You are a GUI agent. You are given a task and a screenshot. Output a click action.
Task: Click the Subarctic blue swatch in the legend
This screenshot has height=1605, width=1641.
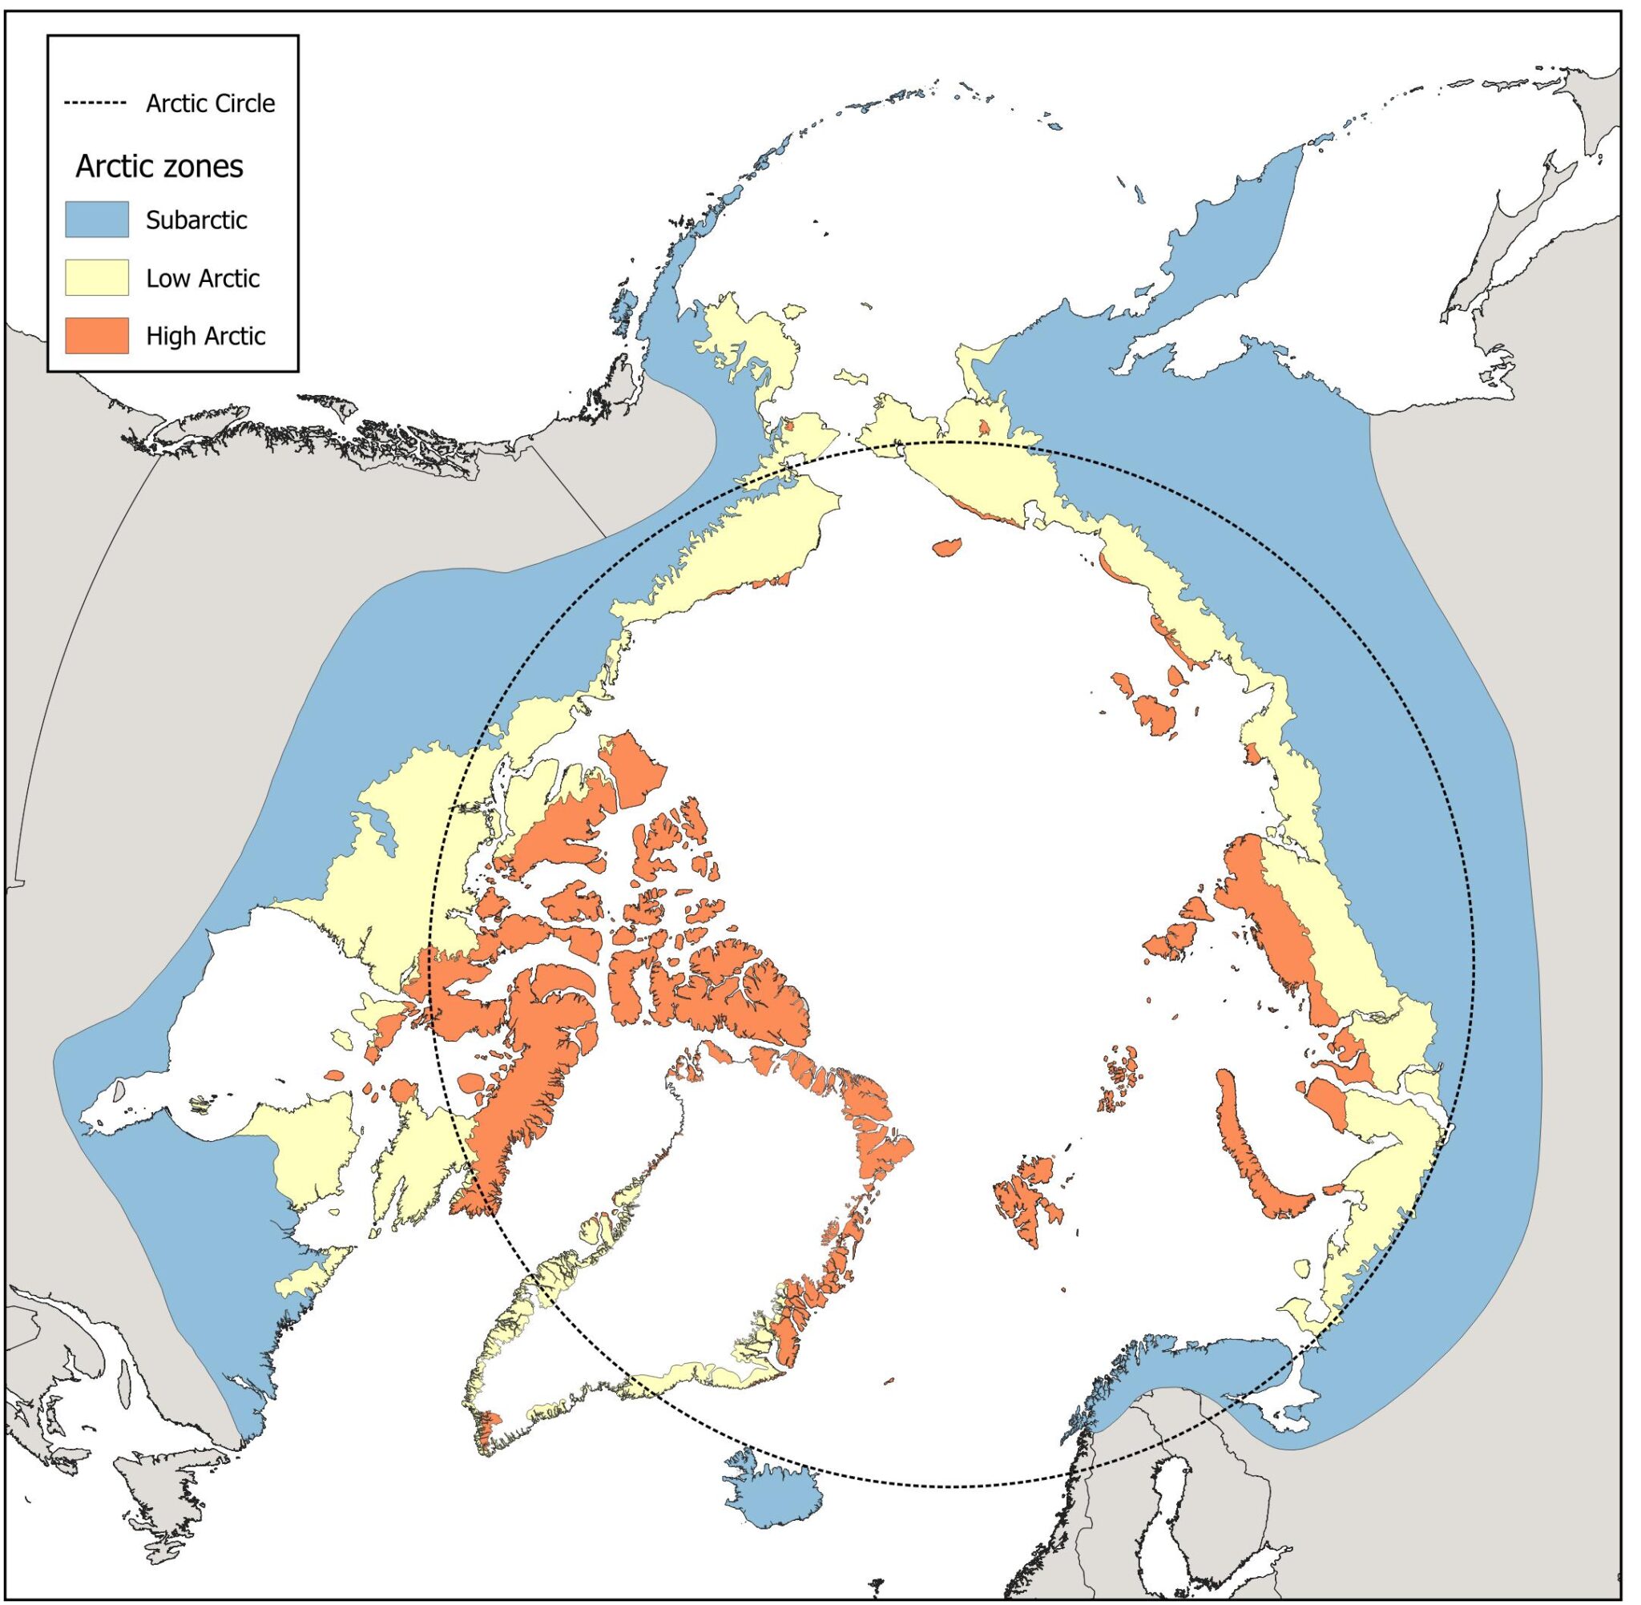click(x=97, y=220)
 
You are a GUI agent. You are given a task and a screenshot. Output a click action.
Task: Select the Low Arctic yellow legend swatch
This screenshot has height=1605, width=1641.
click(x=97, y=277)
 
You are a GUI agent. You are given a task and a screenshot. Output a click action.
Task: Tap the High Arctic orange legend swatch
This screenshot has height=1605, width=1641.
click(x=97, y=336)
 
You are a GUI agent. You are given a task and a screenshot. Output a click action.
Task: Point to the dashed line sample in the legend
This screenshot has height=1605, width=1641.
click(x=95, y=103)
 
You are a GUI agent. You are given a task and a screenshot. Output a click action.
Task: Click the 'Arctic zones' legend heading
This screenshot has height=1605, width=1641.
click(x=159, y=166)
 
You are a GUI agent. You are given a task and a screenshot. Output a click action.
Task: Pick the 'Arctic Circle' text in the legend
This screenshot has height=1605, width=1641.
click(x=211, y=103)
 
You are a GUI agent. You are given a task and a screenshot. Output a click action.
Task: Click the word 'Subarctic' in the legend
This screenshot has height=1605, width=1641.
click(x=196, y=220)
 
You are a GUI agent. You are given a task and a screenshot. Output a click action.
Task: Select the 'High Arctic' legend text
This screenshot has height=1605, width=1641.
click(x=206, y=337)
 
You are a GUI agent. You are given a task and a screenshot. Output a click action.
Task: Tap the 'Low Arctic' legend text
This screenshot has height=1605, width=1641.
click(x=202, y=278)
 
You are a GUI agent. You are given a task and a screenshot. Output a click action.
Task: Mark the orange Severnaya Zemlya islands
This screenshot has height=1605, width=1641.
click(x=1175, y=940)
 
